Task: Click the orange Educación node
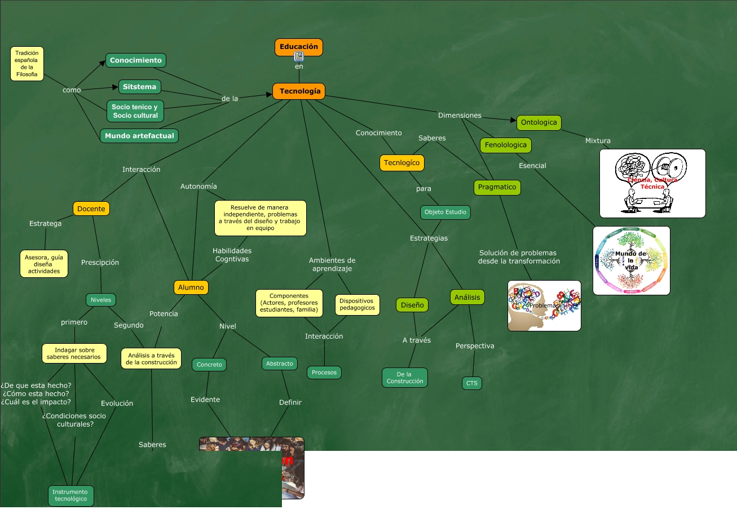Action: pos(299,46)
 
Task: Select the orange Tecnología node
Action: pos(299,91)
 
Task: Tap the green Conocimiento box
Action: pos(135,60)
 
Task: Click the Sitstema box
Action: pos(139,87)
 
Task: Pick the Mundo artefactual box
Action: pos(139,136)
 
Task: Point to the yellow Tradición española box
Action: pos(27,64)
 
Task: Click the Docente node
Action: pos(91,209)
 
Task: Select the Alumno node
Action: pos(191,287)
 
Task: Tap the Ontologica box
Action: pos(539,122)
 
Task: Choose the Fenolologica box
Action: pos(506,145)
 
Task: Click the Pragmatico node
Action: pos(497,187)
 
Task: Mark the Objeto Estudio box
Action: pos(445,212)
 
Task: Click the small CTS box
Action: pos(472,383)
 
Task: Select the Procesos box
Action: pos(324,373)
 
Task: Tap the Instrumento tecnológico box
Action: pos(70,495)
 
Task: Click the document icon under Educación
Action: pos(299,56)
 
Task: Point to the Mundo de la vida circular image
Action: pos(632,260)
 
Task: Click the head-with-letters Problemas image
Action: pos(544,305)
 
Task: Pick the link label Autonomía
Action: pos(198,187)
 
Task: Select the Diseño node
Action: pos(412,305)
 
